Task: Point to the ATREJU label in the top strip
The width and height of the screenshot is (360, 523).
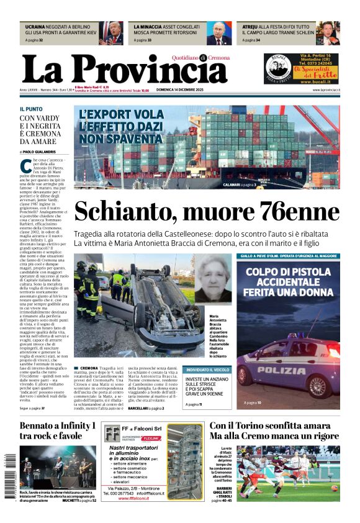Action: point(251,27)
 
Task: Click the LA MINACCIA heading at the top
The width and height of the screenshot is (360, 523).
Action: point(149,27)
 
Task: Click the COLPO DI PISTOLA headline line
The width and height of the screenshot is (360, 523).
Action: point(288,271)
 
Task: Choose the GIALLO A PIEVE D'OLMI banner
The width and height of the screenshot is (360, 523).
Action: point(288,256)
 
